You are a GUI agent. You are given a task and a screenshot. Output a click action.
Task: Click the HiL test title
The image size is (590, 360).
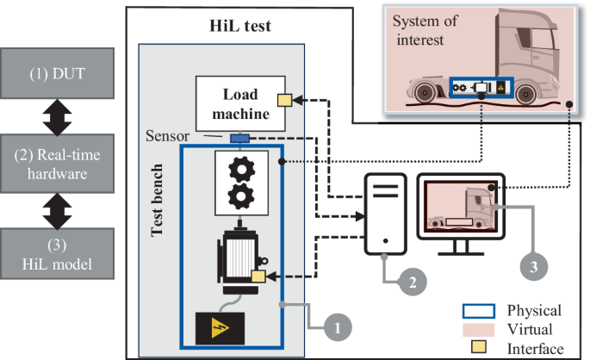tap(240, 26)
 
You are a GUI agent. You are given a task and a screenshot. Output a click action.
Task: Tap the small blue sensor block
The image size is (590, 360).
tap(239, 138)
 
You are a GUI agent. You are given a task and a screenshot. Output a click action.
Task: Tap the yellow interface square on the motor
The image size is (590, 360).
tap(258, 276)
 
